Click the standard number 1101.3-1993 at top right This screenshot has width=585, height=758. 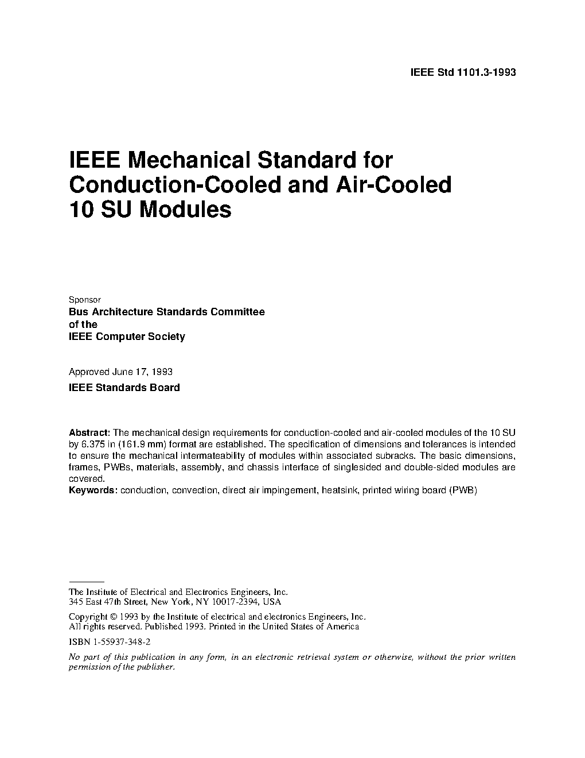click(486, 72)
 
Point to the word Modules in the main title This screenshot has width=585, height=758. click(186, 210)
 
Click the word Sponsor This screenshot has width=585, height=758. click(84, 300)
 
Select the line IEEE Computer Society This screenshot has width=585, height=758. click(127, 337)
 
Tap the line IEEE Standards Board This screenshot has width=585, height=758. click(124, 388)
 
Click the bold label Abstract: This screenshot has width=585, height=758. click(89, 432)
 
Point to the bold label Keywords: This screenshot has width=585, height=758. click(93, 490)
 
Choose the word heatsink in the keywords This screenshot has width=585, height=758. click(338, 490)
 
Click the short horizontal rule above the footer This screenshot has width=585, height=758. click(86, 582)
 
